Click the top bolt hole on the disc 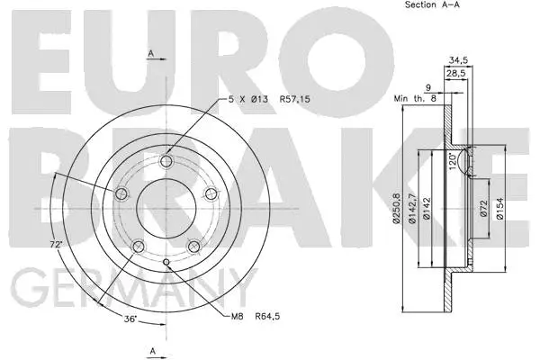point(166,162)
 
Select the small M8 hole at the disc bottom point(167,262)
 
